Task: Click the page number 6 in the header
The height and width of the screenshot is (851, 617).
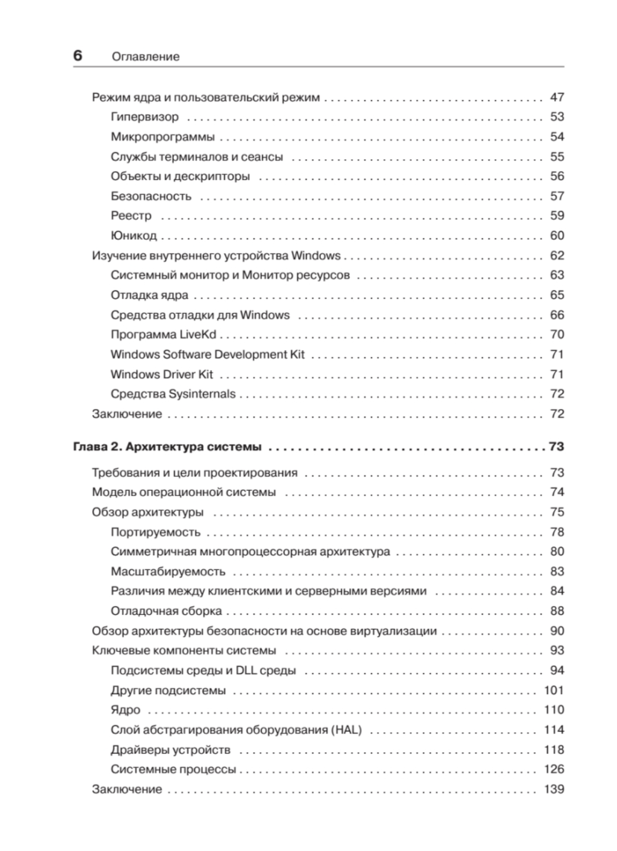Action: (x=78, y=56)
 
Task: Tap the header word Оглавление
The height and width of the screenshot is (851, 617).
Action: (x=145, y=57)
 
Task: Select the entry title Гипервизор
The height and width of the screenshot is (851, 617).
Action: (x=145, y=117)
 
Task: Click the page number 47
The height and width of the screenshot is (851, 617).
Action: (x=556, y=98)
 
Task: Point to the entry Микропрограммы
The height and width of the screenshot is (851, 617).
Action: (x=163, y=137)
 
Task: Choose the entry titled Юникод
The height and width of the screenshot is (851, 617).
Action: (x=133, y=236)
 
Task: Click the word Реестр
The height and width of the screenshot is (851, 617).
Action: (x=131, y=216)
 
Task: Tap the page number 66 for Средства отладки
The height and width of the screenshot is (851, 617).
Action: (x=556, y=315)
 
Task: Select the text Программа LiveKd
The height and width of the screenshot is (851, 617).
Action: (x=163, y=334)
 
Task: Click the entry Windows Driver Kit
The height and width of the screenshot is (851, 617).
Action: (x=162, y=374)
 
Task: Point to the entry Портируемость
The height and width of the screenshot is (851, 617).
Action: (x=155, y=532)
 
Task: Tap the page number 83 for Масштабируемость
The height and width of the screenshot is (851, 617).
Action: (x=556, y=572)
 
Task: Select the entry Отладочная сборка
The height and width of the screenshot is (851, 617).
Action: (x=166, y=611)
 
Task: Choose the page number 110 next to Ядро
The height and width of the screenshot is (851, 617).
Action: (x=554, y=710)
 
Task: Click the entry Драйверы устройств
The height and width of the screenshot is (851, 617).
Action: (x=170, y=750)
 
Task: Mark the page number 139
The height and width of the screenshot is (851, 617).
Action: (x=554, y=789)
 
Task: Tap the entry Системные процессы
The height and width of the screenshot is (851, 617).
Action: (x=173, y=769)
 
